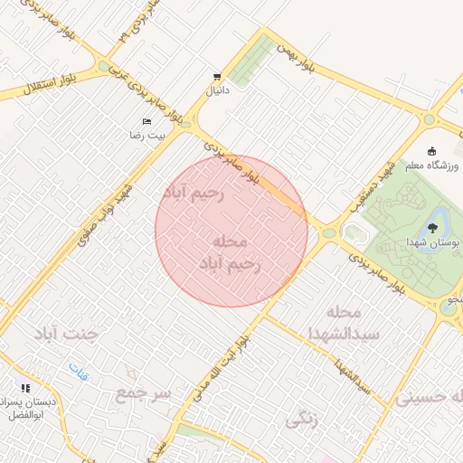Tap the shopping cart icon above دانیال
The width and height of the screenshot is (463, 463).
[217, 76]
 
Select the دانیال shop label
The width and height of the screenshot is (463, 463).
[218, 90]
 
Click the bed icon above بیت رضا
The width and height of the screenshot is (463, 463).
[146, 121]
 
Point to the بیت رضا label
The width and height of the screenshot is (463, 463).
[146, 135]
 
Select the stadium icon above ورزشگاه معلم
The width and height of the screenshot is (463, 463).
[432, 150]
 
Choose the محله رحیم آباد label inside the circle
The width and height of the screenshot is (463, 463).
[231, 253]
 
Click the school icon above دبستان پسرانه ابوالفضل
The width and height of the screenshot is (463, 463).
[25, 387]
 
